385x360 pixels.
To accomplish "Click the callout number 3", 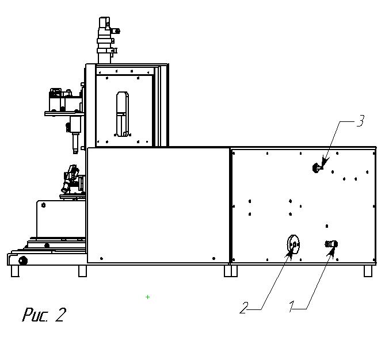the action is (360, 121).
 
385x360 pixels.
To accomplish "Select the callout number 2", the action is (244, 308).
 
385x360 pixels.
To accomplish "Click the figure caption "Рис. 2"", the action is (44, 315).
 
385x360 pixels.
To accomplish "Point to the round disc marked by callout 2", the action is (293, 245).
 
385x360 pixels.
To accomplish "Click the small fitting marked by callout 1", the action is (331, 244).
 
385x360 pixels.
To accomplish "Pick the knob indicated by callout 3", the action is (316, 168).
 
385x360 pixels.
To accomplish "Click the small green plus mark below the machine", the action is (148, 297).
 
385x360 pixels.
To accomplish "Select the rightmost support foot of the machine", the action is (368, 270).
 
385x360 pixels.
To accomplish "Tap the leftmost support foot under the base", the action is (15, 271).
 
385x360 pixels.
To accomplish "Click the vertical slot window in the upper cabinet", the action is (121, 114).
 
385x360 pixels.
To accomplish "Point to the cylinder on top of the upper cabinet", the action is (105, 40).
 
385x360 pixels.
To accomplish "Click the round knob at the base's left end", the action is (23, 261).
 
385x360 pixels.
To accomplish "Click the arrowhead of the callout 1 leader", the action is (332, 249).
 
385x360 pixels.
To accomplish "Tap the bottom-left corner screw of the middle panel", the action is (101, 258).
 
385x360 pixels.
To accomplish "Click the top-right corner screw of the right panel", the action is (369, 153).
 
